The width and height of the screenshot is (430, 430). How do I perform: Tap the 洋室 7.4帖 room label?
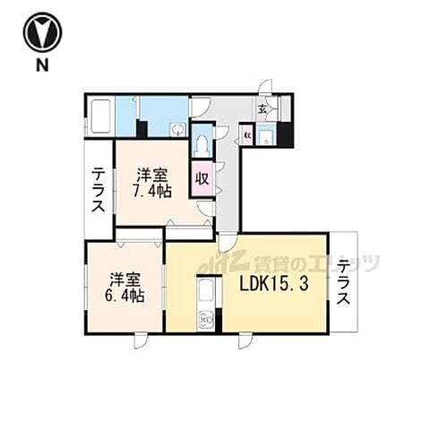[153, 183]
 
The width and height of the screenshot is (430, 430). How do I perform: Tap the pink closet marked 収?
[203, 177]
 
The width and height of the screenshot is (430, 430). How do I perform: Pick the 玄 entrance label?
[262, 110]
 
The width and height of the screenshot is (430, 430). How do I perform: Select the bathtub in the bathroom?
[99, 116]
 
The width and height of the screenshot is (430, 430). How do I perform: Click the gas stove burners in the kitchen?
[206, 318]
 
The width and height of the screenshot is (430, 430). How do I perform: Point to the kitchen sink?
[206, 292]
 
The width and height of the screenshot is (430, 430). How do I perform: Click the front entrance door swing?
[266, 88]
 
